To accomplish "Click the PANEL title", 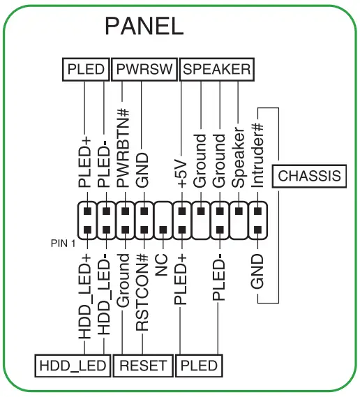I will point(144,26).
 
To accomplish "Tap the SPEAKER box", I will point(216,70).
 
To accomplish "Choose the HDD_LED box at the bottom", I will point(73,365).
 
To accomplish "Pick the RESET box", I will point(143,365).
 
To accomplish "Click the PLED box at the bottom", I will point(199,365).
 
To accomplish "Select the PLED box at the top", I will point(86,70).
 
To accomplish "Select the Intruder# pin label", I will point(257,154).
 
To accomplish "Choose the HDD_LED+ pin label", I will point(86,297).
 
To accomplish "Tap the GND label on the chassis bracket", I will point(257,272).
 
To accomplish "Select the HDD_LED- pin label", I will point(105,297).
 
